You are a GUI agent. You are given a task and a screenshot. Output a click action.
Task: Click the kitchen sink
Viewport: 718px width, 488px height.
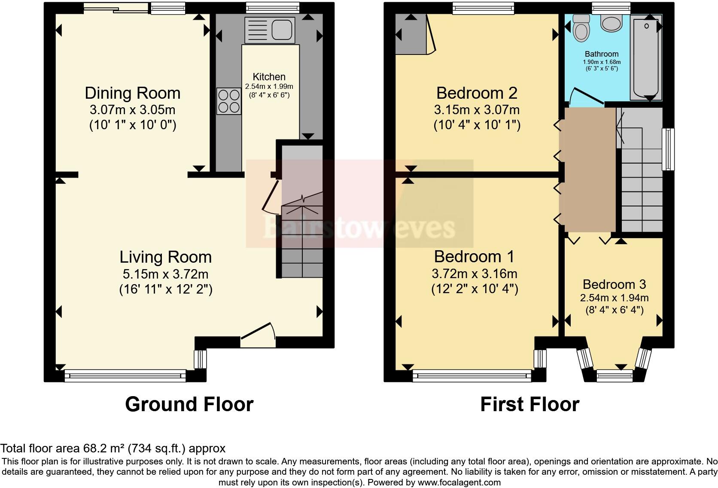[x=270, y=30]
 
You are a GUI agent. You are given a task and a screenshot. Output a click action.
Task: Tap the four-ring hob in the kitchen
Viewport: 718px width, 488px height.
[x=229, y=101]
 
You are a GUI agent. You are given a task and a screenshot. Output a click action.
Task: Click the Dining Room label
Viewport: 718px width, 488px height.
[x=132, y=93]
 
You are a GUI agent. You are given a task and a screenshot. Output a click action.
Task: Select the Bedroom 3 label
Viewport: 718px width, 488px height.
[x=614, y=285]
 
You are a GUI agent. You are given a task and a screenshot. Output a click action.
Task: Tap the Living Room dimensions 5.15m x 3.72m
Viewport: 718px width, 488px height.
[x=165, y=273]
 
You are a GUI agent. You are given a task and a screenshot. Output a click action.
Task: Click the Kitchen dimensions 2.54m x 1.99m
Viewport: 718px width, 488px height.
[x=269, y=87]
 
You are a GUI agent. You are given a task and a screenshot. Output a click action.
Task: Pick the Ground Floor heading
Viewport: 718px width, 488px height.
[x=189, y=404]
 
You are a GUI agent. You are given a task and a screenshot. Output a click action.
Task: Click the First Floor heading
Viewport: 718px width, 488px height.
[x=529, y=404]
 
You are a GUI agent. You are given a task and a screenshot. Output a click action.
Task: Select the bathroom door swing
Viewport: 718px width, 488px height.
[x=586, y=97]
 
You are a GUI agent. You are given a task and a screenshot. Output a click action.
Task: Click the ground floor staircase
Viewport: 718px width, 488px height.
[x=302, y=240]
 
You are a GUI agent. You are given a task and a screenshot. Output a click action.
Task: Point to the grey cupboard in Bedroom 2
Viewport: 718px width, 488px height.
[x=411, y=34]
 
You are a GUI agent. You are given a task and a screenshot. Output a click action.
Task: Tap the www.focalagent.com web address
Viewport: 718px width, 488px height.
[x=459, y=482]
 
